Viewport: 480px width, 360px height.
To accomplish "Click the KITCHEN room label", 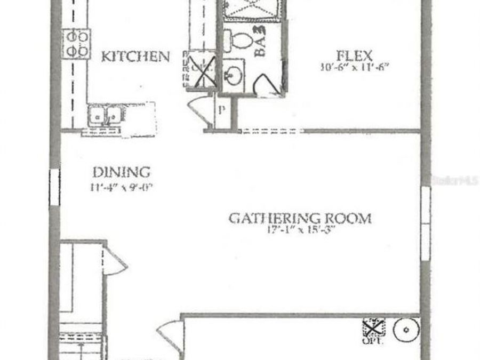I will [x=135, y=57].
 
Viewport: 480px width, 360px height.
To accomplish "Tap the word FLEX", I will [x=354, y=55].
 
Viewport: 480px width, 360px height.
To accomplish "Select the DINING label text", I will [x=122, y=173].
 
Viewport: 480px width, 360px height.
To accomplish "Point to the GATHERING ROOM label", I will [x=300, y=218].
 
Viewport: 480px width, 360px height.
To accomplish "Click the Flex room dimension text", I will [x=354, y=68].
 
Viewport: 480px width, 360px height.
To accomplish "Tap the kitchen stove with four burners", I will [x=77, y=44].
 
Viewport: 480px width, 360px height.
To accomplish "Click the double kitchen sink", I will [x=105, y=114].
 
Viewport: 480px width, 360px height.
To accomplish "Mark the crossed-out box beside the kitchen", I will [x=200, y=69].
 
